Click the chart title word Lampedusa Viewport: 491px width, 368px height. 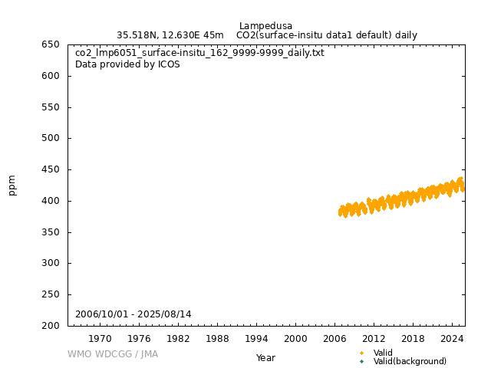(x=265, y=26)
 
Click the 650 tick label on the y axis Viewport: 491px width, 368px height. (x=51, y=44)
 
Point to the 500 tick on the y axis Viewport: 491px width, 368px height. (x=51, y=139)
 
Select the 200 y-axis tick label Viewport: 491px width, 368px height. (x=51, y=326)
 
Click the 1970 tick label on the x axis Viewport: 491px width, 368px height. (x=100, y=339)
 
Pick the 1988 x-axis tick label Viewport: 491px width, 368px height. (x=217, y=339)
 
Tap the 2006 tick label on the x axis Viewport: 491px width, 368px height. (x=334, y=339)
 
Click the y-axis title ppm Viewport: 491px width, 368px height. (x=12, y=185)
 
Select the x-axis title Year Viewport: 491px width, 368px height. (x=265, y=358)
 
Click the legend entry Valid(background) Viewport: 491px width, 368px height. (x=410, y=362)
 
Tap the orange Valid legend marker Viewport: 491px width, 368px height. (x=361, y=353)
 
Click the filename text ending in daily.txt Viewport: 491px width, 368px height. (x=199, y=54)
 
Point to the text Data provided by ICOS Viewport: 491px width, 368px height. (x=127, y=64)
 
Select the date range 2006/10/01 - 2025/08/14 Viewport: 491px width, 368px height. (x=133, y=314)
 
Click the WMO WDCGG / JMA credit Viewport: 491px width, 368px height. (x=113, y=354)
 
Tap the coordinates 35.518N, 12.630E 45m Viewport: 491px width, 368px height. (x=170, y=35)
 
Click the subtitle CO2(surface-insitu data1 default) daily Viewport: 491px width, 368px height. (x=327, y=35)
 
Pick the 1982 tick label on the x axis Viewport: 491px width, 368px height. (x=178, y=339)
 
